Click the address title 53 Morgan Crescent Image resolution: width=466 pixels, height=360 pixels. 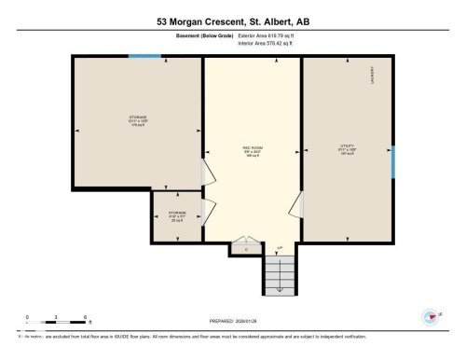tap(232, 21)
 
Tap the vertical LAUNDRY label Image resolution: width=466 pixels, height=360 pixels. tap(372, 74)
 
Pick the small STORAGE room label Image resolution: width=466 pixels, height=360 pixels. tap(177, 214)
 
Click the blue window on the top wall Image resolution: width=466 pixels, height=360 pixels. tap(144, 56)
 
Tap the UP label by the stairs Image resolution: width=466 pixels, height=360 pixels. tap(279, 247)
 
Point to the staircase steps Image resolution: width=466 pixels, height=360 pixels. tap(279, 273)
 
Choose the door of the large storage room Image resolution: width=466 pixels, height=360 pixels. tap(204, 174)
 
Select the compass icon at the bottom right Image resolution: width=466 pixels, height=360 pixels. tap(432, 317)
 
